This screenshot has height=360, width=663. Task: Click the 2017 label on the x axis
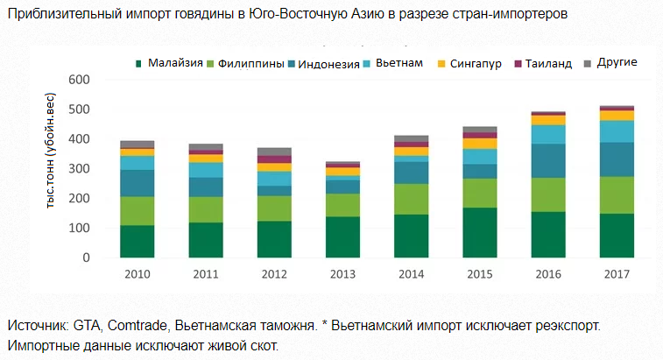click(617, 275)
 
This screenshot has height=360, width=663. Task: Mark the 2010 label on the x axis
click(138, 275)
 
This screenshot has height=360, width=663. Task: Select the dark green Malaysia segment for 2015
click(479, 233)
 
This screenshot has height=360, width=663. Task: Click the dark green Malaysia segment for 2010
click(138, 242)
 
